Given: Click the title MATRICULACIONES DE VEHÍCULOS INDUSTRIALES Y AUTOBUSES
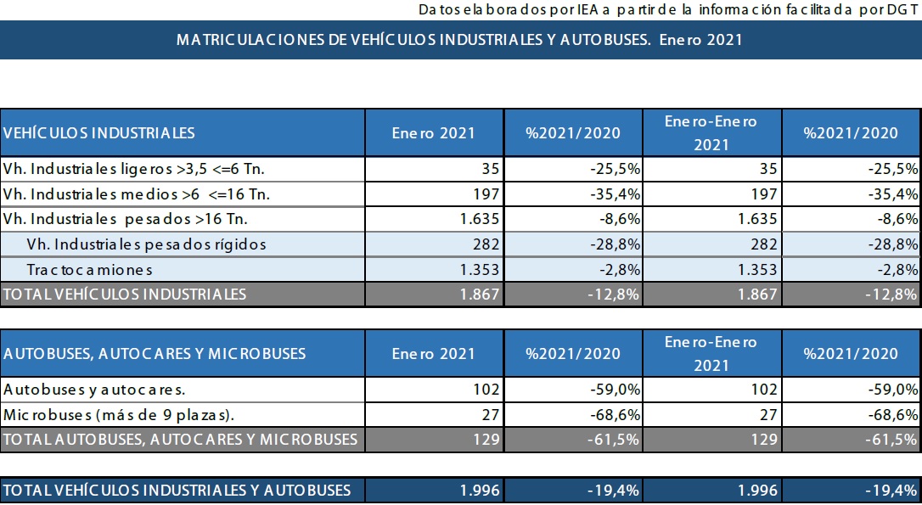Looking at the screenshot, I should pos(459,40).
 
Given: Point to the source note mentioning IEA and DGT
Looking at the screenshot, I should pos(668,9).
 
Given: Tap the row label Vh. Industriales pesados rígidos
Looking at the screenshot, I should pos(146,244).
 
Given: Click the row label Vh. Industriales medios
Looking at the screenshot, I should pos(136,194).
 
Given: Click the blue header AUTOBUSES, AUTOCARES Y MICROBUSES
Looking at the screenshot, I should pos(155,353).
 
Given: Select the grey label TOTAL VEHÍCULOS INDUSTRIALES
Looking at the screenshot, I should pos(125,295).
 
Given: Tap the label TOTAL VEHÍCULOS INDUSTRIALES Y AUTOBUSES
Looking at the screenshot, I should pos(177,490).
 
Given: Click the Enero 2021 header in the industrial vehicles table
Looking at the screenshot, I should pos(433,132).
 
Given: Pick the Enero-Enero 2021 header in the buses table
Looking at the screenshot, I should pos(711,353).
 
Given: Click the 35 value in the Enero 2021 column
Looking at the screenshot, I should pos(489,169).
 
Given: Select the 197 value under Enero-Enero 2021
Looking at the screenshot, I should pos(762,194).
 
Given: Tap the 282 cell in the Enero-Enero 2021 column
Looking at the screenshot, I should pos(762,244).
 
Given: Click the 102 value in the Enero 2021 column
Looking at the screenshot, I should pos(486,390).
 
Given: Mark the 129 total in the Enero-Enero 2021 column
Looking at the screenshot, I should pos(762,440).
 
